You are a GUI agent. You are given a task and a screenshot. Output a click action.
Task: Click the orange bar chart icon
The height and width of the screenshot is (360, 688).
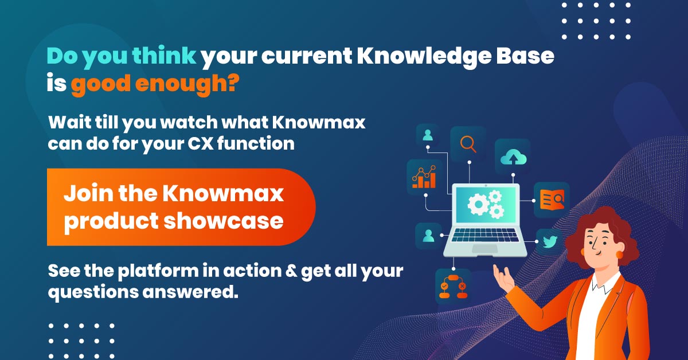pyautogui.click(x=424, y=177)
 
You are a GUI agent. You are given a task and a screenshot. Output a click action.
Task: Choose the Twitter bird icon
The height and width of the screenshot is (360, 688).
pyautogui.click(x=550, y=242)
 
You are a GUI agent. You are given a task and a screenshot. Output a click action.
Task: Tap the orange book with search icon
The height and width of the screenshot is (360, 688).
pyautogui.click(x=552, y=199)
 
